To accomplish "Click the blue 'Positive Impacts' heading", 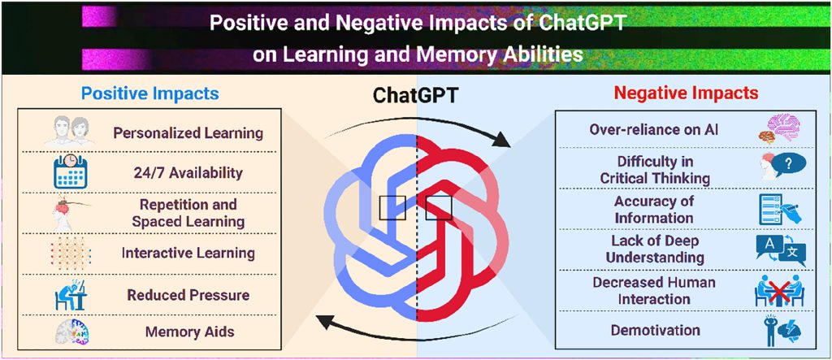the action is tap(150, 93).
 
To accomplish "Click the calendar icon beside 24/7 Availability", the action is tap(70, 171).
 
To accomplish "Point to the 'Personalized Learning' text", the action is tap(188, 132).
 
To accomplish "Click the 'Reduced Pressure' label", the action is tap(188, 295).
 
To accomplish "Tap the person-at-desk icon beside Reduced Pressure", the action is tap(71, 295).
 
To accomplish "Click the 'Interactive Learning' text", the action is tap(188, 254).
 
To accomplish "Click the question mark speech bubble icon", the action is tap(782, 167).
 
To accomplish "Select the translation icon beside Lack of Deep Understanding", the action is tap(781, 249).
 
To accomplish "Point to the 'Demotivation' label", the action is tap(656, 330).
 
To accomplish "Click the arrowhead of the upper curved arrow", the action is tap(500, 140).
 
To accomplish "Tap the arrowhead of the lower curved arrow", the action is tap(325, 320).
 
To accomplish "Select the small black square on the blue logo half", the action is tap(392, 208).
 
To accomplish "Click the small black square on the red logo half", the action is tap(439, 208).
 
